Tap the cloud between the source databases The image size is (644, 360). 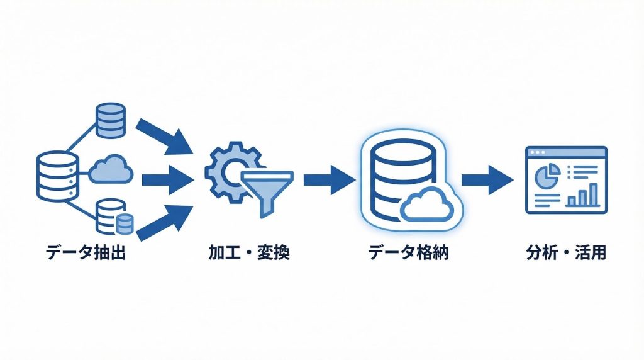111,171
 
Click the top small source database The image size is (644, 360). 111,121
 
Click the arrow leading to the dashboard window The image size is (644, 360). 485,179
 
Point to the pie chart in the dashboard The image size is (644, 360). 547,174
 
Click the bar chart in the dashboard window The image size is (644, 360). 583,196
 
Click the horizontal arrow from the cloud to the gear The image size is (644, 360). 167,180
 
